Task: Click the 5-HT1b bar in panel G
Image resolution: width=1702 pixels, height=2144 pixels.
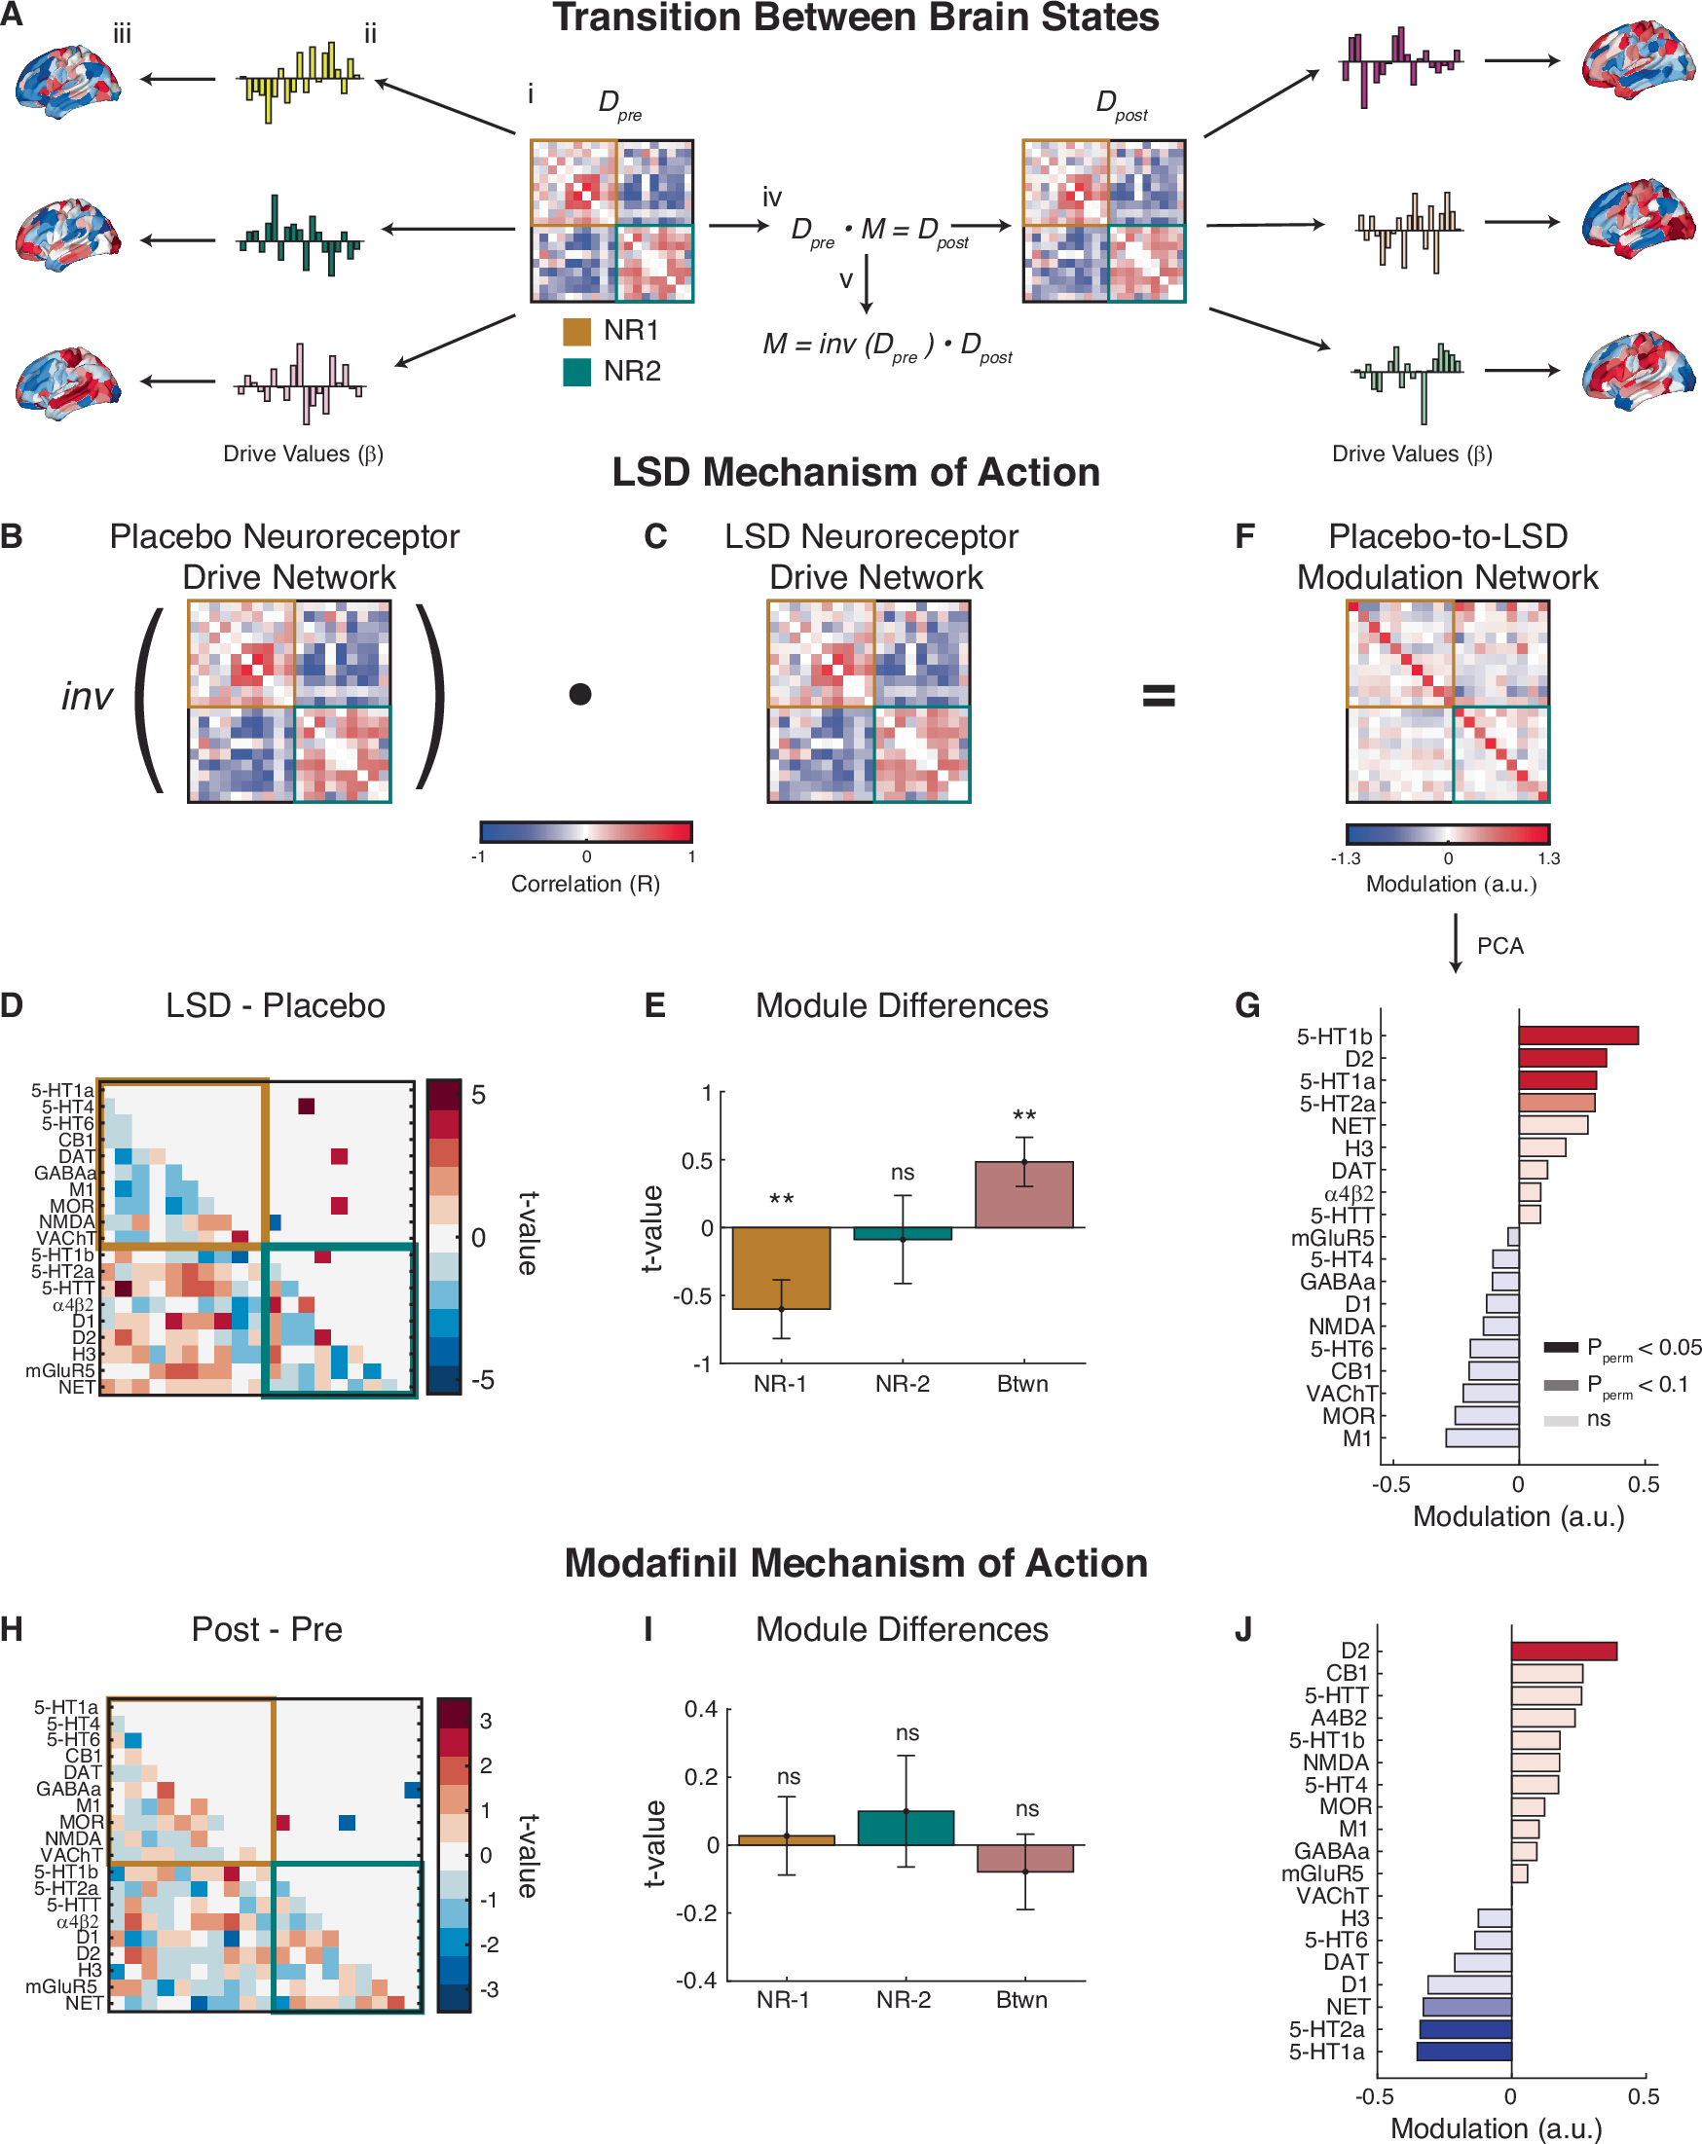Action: (1576, 1036)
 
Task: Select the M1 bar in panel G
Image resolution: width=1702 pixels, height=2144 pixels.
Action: (1481, 1438)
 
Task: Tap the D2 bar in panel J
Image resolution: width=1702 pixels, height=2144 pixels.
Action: (1563, 1651)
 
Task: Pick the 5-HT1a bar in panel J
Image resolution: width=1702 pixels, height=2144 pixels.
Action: (1463, 2052)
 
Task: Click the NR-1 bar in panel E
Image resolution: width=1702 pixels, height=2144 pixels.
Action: (781, 1268)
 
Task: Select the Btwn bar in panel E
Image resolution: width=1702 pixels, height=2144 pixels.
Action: (1023, 1194)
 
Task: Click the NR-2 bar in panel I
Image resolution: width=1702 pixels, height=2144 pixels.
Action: (906, 1828)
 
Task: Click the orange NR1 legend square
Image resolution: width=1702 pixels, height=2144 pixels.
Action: (577, 331)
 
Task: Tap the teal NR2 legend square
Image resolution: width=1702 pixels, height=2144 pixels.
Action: (577, 372)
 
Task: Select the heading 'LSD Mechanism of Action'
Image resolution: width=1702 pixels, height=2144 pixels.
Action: (856, 472)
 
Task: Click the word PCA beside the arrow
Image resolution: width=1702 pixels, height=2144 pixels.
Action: (1499, 946)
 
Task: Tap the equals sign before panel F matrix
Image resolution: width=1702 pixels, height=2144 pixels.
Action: (1159, 695)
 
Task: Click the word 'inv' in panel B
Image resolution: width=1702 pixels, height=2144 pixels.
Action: (87, 696)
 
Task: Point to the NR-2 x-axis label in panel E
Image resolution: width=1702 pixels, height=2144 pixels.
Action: (903, 1383)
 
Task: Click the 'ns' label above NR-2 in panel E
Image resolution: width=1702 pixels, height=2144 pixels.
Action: (903, 1173)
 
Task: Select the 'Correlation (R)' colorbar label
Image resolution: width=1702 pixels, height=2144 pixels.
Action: (585, 884)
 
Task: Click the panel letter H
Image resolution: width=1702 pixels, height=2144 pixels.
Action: (13, 1629)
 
